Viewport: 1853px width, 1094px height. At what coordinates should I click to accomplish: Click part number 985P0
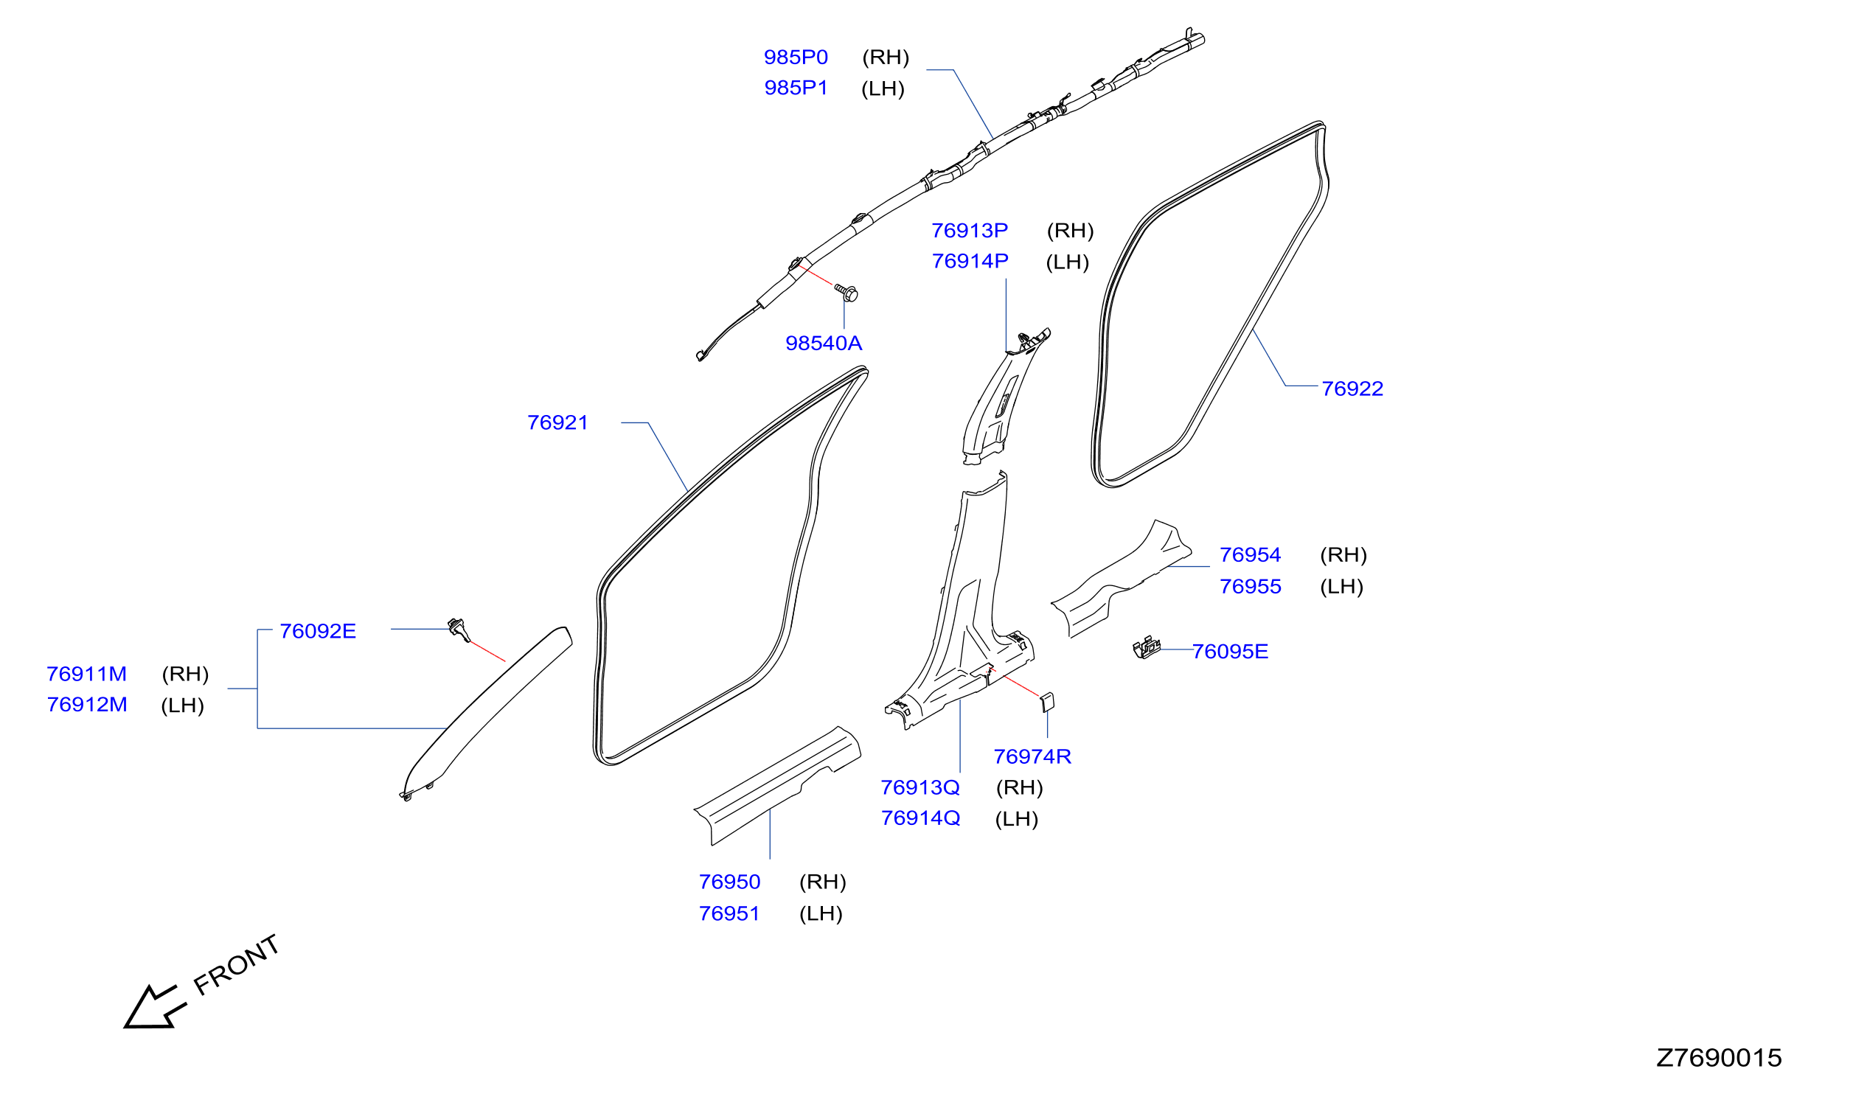[x=796, y=58]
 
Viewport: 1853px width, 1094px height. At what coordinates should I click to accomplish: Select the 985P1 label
[x=796, y=88]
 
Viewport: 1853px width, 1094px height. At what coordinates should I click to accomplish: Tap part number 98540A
[x=824, y=344]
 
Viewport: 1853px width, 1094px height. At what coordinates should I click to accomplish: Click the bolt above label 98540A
[x=846, y=293]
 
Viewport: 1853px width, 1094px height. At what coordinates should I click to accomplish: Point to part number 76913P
[x=970, y=231]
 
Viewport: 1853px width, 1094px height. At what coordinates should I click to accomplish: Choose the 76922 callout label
[x=1352, y=389]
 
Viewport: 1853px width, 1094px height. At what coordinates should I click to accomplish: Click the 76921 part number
[x=557, y=422]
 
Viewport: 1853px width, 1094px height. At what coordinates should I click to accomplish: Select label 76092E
[x=318, y=631]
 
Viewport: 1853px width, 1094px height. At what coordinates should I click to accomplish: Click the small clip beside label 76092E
[x=459, y=630]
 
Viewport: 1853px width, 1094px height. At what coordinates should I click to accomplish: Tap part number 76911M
[x=87, y=674]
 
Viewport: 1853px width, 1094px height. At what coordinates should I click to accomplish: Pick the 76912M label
[x=87, y=705]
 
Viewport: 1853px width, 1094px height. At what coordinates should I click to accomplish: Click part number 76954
[x=1251, y=555]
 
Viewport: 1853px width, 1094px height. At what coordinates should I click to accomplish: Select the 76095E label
[x=1230, y=652]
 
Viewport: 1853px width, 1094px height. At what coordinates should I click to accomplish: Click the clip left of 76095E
[x=1147, y=647]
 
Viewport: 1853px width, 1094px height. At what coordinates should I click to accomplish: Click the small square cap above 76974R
[x=1047, y=703]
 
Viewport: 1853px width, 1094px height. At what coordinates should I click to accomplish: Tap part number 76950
[x=729, y=882]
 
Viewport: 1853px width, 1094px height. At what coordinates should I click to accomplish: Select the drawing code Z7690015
[x=1718, y=1058]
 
